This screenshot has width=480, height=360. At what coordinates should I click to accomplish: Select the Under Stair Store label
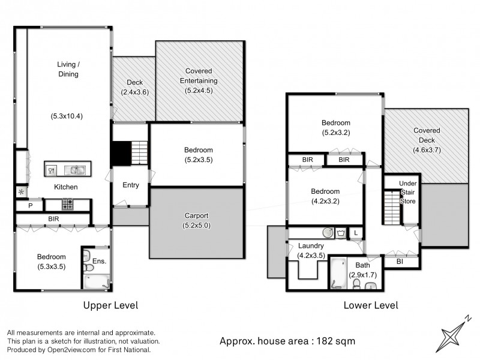[407, 191]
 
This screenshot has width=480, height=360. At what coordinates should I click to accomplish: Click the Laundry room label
[311, 245]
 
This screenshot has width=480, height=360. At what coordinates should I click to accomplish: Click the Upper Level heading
[110, 305]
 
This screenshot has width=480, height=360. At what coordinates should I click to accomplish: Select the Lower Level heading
[371, 305]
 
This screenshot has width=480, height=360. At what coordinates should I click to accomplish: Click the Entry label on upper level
[131, 185]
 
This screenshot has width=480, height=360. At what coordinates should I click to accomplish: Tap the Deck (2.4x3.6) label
[134, 88]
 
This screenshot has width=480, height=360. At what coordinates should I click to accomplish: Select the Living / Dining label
[68, 69]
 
